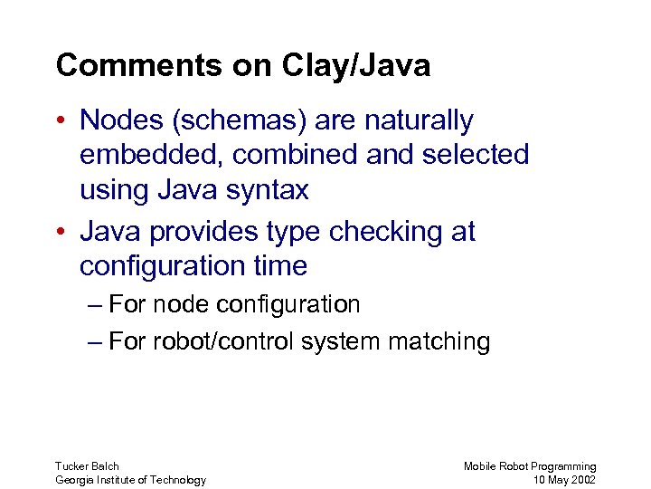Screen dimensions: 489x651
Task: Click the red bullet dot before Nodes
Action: point(61,121)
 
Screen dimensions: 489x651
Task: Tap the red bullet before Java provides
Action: point(61,233)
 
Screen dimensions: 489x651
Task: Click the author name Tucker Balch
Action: point(87,466)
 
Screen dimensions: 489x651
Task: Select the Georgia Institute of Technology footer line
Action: point(130,480)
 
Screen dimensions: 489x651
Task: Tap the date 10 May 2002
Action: point(564,480)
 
